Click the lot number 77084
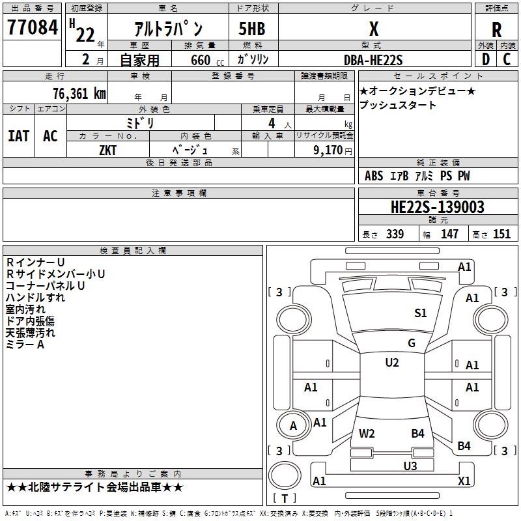click(33, 29)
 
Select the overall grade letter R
click(496, 30)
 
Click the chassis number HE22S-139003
click(437, 207)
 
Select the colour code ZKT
click(108, 149)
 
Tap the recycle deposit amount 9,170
click(329, 149)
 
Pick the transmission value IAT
click(18, 136)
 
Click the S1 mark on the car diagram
click(421, 313)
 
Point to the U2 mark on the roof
click(391, 363)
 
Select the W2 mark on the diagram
click(367, 434)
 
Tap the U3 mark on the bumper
click(410, 466)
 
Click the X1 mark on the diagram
click(464, 481)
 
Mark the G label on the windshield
click(411, 343)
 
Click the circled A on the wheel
click(293, 426)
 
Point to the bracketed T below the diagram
click(284, 498)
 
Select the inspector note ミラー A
click(25, 345)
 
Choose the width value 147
click(449, 234)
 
